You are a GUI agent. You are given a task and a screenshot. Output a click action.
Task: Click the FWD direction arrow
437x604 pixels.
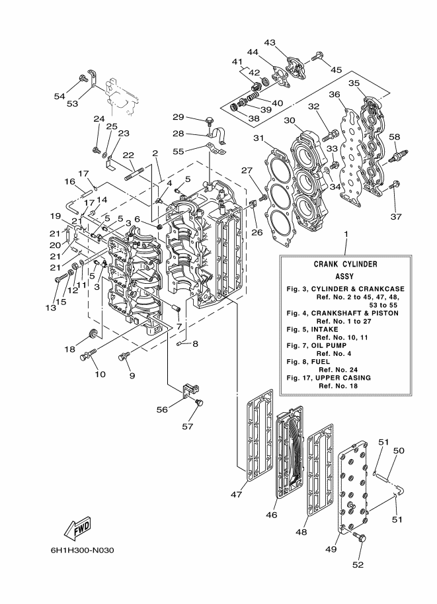(x=77, y=528)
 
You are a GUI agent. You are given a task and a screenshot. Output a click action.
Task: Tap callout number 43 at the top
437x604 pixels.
(x=270, y=42)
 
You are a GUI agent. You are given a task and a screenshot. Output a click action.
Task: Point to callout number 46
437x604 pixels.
(x=270, y=513)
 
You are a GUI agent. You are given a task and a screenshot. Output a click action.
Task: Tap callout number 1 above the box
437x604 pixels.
(x=345, y=235)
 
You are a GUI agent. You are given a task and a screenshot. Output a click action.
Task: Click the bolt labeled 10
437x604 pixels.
(x=86, y=358)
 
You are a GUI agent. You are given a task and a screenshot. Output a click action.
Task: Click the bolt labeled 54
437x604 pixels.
(x=85, y=79)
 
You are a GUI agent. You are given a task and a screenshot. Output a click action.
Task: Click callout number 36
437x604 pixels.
(x=334, y=95)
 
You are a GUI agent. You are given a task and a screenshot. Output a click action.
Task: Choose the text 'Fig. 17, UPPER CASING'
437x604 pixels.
(x=328, y=377)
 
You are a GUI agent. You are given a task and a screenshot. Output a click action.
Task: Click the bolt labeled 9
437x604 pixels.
(x=122, y=358)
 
